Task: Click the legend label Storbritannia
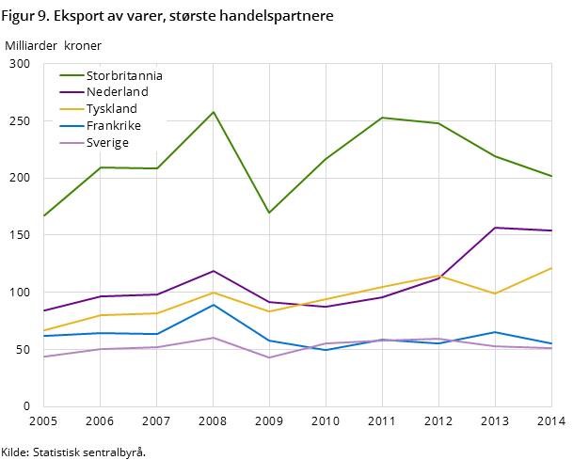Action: tap(124, 75)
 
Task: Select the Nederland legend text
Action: tap(117, 92)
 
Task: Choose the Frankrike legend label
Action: tap(114, 126)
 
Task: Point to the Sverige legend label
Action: tap(107, 143)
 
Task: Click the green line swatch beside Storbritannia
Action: tap(71, 75)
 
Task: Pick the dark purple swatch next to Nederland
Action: tap(71, 92)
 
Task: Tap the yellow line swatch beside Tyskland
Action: tap(71, 109)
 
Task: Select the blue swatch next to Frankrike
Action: tap(71, 126)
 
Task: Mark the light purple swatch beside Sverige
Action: tap(71, 143)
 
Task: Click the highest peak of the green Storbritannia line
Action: tap(214, 112)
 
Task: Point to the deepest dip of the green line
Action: tap(269, 213)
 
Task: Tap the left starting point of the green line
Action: tap(44, 216)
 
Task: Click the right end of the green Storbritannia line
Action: tap(551, 176)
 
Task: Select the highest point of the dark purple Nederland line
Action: tap(495, 228)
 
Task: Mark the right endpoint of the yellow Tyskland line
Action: tap(551, 268)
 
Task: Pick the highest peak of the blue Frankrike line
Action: tap(214, 305)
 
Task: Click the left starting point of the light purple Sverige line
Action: tap(44, 357)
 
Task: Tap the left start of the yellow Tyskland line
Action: tap(44, 331)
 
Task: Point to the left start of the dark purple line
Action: tap(44, 310)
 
